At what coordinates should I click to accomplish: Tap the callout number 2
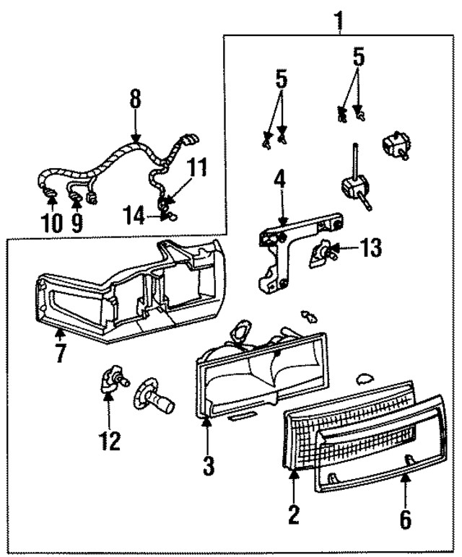tap(294, 515)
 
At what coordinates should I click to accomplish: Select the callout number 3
tap(209, 465)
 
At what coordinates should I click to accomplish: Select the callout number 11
tap(197, 169)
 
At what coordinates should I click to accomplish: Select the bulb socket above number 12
tap(110, 381)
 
